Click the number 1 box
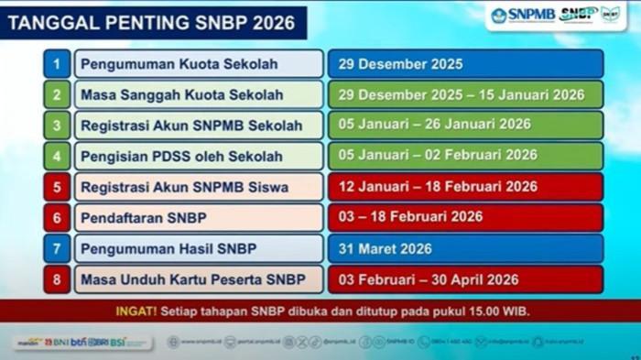click(x=56, y=64)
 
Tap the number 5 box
click(x=56, y=187)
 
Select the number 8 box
click(x=56, y=279)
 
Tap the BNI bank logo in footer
click(x=57, y=343)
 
